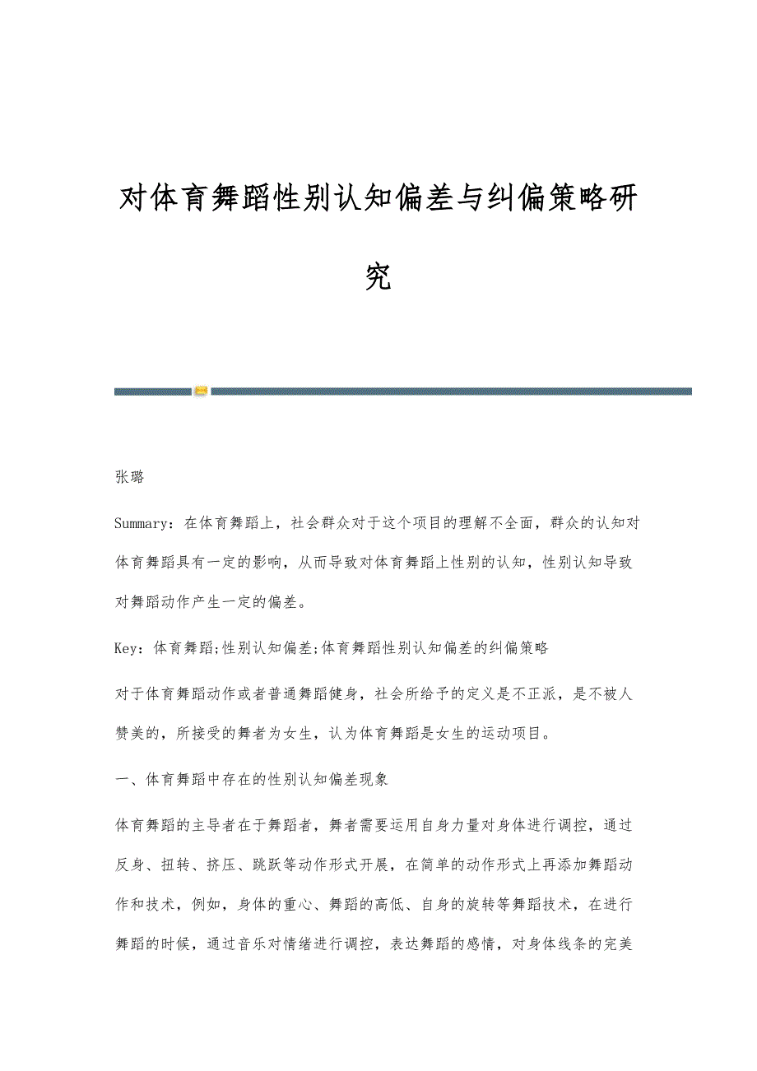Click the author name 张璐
pyautogui.click(x=129, y=477)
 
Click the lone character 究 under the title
pyautogui.click(x=378, y=278)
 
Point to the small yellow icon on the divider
pyautogui.click(x=201, y=391)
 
